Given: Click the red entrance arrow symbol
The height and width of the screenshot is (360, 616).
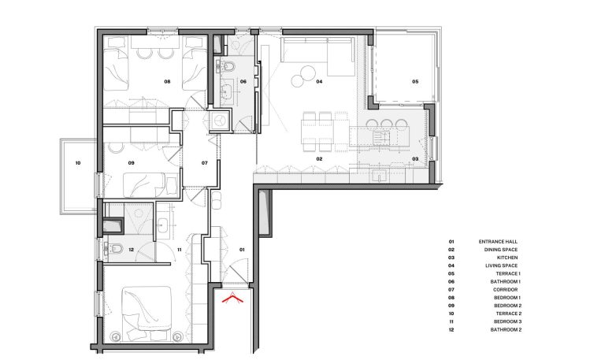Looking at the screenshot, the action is tap(232, 298).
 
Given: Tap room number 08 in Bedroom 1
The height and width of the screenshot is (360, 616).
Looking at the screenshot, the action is tap(167, 82).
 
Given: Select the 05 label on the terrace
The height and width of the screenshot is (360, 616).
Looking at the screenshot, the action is tap(415, 82).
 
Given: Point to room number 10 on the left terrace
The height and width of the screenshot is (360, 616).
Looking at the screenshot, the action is tap(78, 163).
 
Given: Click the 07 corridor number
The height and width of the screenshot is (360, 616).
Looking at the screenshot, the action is tap(205, 163).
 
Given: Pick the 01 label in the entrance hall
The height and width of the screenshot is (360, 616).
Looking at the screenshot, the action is tap(242, 250).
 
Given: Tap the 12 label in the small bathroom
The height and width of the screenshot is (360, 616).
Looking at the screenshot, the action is tap(132, 250).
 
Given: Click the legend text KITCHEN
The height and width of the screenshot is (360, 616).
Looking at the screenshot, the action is tap(507, 258).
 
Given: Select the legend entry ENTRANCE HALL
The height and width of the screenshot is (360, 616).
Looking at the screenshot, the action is tap(498, 242).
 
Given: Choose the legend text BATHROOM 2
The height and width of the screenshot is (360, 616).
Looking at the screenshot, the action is tap(506, 330).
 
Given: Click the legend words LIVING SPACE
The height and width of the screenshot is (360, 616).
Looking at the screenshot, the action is tap(501, 265).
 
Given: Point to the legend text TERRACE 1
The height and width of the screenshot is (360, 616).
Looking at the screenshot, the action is tap(508, 273).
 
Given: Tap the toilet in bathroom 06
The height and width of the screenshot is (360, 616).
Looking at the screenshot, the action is tap(228, 67).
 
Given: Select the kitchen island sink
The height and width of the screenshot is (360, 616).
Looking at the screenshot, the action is tap(381, 137).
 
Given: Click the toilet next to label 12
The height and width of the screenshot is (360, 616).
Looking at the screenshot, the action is tap(117, 249).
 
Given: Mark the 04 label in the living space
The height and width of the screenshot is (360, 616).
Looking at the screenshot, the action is tap(319, 82).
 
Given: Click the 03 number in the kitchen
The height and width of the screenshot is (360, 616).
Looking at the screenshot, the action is tap(415, 159).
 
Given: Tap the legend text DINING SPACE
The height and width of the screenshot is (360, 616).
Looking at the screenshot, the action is tap(501, 250).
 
